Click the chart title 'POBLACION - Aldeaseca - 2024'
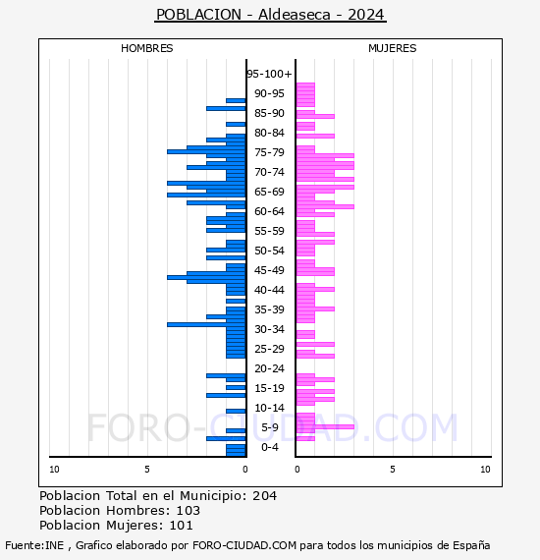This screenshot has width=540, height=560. click(x=270, y=15)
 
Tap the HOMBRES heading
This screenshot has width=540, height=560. click(x=146, y=48)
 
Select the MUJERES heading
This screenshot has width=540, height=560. click(x=393, y=48)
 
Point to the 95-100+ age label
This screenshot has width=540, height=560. click(x=269, y=74)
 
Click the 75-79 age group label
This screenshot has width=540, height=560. click(x=269, y=152)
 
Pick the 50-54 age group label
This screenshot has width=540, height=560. click(x=269, y=251)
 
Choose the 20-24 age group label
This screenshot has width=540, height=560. click(x=269, y=368)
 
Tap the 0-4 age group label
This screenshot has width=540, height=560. click(x=270, y=447)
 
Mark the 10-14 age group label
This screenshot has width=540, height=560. click(x=269, y=408)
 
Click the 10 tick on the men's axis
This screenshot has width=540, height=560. click(x=54, y=470)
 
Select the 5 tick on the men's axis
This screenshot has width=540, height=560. click(x=147, y=470)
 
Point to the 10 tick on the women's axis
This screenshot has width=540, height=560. click(x=485, y=470)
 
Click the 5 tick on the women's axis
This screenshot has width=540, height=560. click(x=393, y=470)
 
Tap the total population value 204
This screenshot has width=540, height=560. click(x=264, y=496)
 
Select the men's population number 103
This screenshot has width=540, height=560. click(x=189, y=511)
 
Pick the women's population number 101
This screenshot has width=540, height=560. click(x=182, y=526)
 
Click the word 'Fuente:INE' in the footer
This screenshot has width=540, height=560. click(x=34, y=545)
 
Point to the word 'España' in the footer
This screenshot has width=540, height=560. click(x=471, y=545)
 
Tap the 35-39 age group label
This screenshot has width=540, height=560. click(x=269, y=309)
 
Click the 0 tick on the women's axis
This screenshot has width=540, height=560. click(x=297, y=470)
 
